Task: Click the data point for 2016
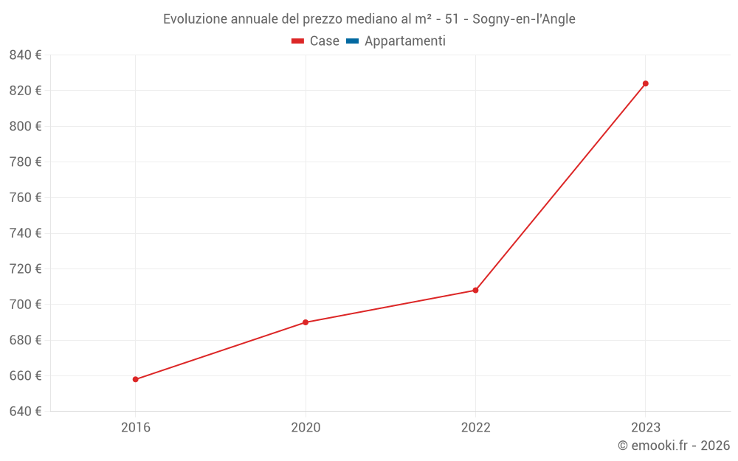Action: (136, 379)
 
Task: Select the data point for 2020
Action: (306, 322)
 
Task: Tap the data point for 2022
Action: (475, 290)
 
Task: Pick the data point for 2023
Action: (645, 83)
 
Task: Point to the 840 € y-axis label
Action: (26, 55)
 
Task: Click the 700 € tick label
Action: (26, 305)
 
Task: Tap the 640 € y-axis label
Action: (26, 411)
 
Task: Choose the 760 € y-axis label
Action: (26, 198)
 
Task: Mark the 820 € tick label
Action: (26, 91)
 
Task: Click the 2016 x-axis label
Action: (136, 427)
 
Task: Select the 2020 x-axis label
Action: (306, 427)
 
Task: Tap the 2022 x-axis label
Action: (475, 427)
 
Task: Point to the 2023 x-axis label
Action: (645, 427)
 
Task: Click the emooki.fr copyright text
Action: (674, 446)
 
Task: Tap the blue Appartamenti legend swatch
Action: (352, 41)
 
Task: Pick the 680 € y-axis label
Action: (26, 340)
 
